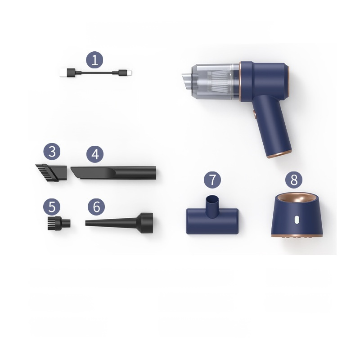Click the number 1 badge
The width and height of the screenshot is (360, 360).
[x=94, y=60]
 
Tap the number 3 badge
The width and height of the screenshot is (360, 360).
[x=52, y=151]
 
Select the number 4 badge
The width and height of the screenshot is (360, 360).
[x=94, y=154]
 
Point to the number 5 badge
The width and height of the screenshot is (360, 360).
[x=52, y=207]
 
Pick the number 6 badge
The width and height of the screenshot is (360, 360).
[x=96, y=207]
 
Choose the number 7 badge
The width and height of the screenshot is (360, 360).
[x=212, y=180]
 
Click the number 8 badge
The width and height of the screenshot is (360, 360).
[x=294, y=180]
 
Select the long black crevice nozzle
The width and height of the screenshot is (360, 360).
[x=114, y=172]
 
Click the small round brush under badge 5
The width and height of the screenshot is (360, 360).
[x=58, y=222]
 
